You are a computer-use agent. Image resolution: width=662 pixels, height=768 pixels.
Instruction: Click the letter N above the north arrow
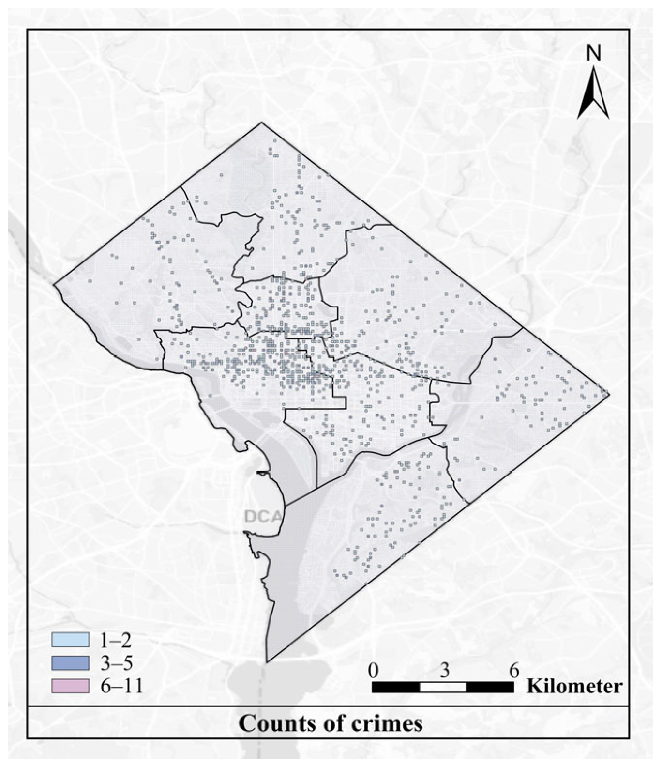[x=593, y=53]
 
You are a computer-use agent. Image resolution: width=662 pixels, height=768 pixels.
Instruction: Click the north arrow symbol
[x=593, y=94]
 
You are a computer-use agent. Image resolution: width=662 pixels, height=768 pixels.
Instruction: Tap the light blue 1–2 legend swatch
[x=71, y=640]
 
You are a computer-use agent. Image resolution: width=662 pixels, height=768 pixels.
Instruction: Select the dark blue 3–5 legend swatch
[x=71, y=663]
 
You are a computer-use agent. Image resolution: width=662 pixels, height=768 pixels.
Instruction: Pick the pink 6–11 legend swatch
[x=71, y=686]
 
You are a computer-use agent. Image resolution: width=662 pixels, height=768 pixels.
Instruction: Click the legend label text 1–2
[x=116, y=640]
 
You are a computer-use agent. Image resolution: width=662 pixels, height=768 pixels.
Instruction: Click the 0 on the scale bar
[x=373, y=671]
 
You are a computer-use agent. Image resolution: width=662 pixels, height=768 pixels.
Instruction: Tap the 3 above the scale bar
[x=444, y=671]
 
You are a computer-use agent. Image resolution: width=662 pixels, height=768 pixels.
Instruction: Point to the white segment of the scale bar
[x=443, y=687]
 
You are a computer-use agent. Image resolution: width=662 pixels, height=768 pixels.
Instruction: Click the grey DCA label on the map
[x=261, y=517]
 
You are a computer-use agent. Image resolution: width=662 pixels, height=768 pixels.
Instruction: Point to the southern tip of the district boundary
[x=267, y=662]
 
